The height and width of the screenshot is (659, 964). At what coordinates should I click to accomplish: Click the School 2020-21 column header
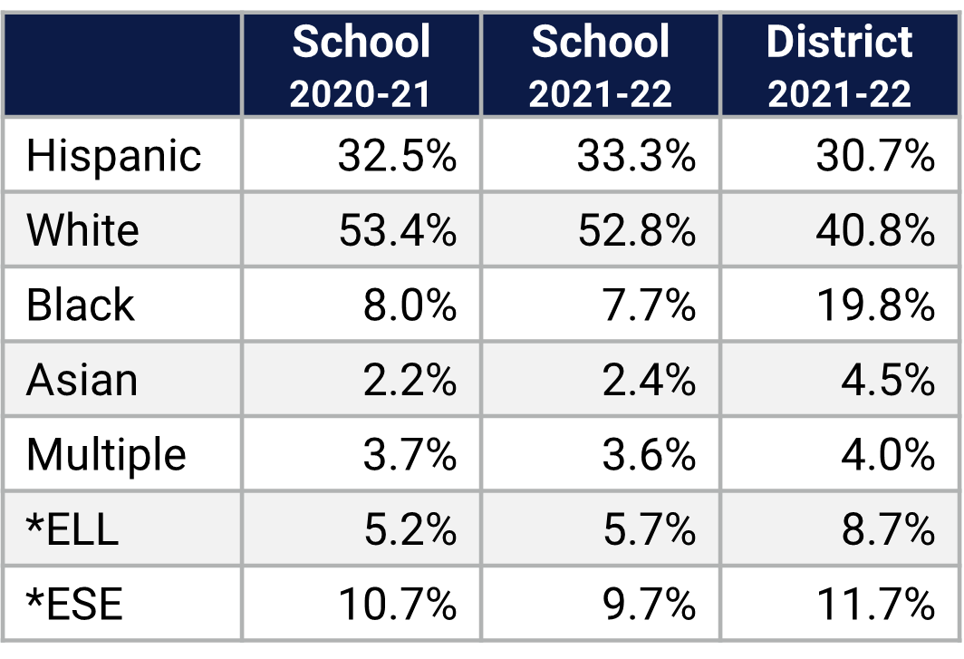coord(361,65)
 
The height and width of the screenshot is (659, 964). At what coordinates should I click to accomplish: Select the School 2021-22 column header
coord(601,65)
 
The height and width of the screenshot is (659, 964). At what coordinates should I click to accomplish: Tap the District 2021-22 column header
coord(840,65)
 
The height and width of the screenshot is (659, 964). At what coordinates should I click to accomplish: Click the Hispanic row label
coord(114,156)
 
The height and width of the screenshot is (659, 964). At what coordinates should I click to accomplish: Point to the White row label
coord(83,230)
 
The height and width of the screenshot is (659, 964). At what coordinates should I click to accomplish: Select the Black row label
coord(81,305)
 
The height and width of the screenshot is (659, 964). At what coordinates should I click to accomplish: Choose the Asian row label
coord(82,379)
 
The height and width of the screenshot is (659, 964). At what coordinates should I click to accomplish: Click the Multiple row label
coord(106,453)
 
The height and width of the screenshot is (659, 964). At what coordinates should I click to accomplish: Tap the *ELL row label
coord(72,528)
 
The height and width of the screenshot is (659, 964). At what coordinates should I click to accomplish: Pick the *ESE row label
coord(74,603)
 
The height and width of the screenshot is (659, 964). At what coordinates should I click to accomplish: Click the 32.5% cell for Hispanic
coord(397,156)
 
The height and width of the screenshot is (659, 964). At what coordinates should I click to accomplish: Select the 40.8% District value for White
coord(875,230)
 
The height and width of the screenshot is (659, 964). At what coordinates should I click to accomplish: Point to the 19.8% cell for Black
coord(875,305)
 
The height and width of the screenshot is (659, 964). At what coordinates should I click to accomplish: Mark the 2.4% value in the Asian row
coord(649,379)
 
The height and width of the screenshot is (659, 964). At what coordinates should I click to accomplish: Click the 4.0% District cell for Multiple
coord(888,453)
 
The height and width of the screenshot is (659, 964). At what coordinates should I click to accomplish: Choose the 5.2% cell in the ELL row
coord(410,528)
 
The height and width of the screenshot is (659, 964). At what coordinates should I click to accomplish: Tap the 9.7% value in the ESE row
coord(649,603)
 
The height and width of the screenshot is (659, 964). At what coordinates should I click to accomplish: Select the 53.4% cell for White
coord(397,230)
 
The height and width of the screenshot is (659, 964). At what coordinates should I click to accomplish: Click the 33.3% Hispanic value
coord(636,156)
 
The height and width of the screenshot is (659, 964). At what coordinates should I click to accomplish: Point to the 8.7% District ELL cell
coord(888,528)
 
